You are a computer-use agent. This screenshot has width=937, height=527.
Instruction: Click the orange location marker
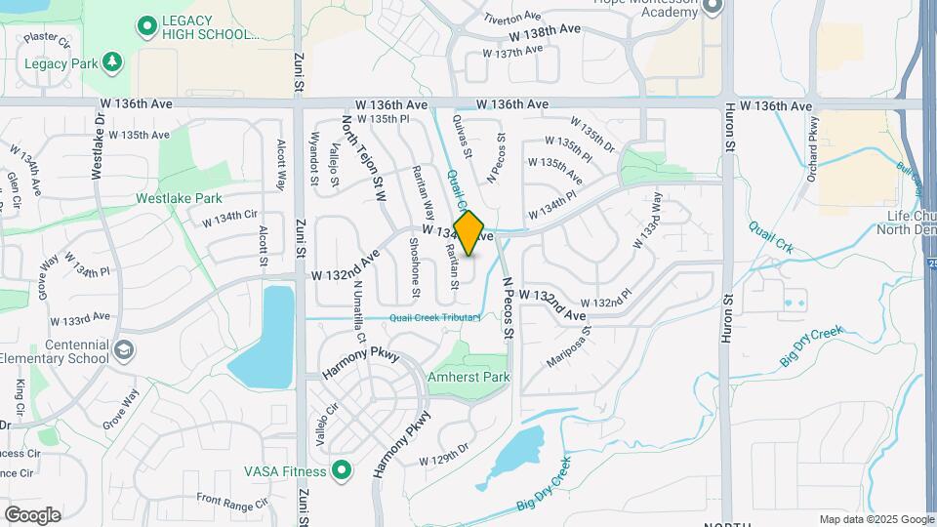click(469, 233)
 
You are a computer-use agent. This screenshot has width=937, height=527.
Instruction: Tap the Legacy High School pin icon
click(147, 25)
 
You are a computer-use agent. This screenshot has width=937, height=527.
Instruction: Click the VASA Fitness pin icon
click(341, 471)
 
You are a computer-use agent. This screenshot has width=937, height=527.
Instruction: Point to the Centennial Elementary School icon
click(125, 348)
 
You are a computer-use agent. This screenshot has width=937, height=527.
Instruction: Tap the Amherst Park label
click(468, 377)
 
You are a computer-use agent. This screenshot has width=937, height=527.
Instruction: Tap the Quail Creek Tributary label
click(434, 317)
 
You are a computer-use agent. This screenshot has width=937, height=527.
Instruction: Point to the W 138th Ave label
click(545, 31)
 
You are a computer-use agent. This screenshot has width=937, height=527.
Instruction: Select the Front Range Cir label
click(231, 502)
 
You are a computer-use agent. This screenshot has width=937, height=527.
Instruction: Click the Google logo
click(32, 514)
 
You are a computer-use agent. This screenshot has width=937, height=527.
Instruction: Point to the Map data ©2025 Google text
click(875, 519)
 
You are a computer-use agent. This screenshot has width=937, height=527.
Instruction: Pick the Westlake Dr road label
click(97, 153)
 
